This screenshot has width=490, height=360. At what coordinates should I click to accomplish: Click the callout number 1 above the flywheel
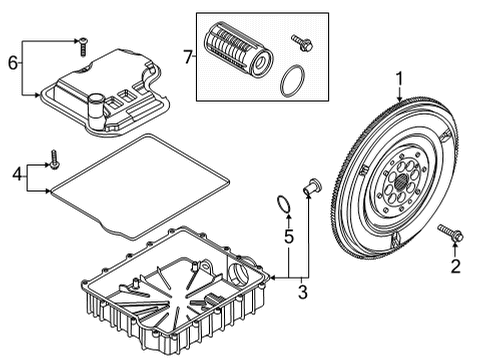click(399, 78)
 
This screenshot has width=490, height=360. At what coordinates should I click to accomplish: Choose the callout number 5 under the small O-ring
click(286, 238)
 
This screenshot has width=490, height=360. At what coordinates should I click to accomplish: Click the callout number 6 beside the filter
click(13, 62)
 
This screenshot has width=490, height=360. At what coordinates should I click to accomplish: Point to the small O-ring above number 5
click(284, 204)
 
